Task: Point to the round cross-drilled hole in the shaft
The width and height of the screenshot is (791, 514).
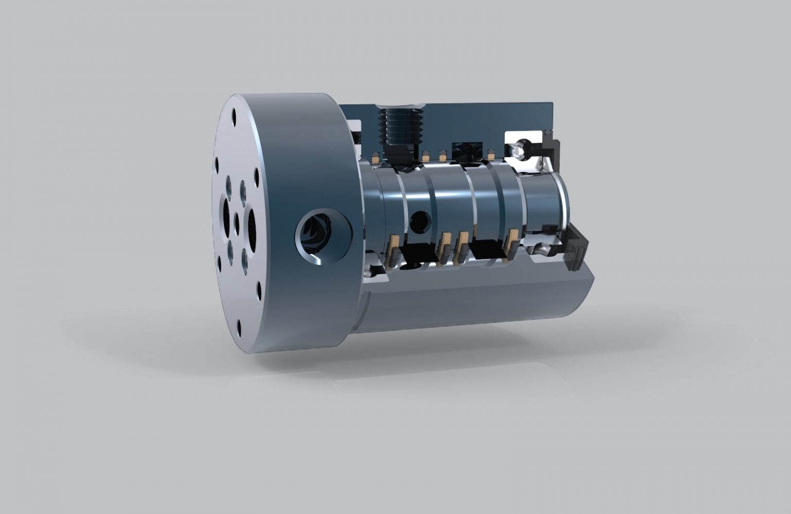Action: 419,221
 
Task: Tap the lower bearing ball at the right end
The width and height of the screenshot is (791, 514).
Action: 541,250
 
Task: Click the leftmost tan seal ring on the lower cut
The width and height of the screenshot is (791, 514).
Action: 395,247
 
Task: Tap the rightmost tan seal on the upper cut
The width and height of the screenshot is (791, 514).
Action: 491,153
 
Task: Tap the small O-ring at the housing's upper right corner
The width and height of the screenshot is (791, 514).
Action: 547,134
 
